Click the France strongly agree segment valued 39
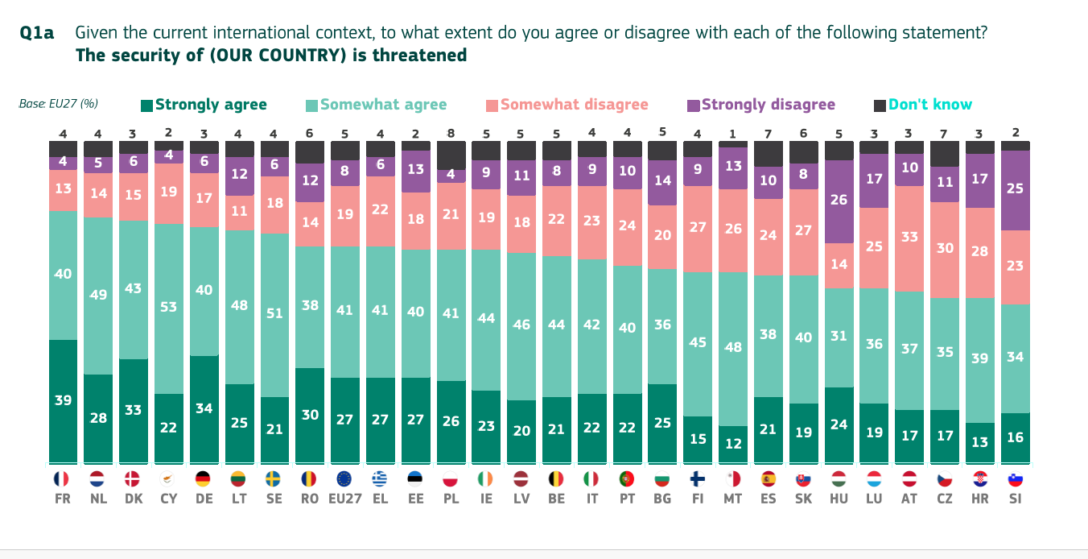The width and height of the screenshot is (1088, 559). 63,401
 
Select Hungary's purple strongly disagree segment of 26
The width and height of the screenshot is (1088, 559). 839,201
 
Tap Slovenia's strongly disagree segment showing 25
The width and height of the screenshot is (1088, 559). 1016,190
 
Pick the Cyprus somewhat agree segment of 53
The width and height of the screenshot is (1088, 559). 169,308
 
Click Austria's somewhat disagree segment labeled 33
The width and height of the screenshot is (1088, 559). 909,238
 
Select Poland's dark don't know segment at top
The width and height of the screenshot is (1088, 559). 451,155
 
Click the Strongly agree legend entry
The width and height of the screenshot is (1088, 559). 204,105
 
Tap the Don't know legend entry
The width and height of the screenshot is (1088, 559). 923,105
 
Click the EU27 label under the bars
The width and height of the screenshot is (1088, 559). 344,499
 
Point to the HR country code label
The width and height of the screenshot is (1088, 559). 980,499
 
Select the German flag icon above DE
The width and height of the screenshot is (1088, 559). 204,478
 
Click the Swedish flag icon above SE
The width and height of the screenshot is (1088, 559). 274,478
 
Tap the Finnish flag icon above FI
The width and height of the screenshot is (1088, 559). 698,478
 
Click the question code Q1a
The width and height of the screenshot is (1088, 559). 37,33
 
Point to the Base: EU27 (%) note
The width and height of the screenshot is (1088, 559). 58,104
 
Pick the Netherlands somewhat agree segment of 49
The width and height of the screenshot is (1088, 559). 98,296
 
